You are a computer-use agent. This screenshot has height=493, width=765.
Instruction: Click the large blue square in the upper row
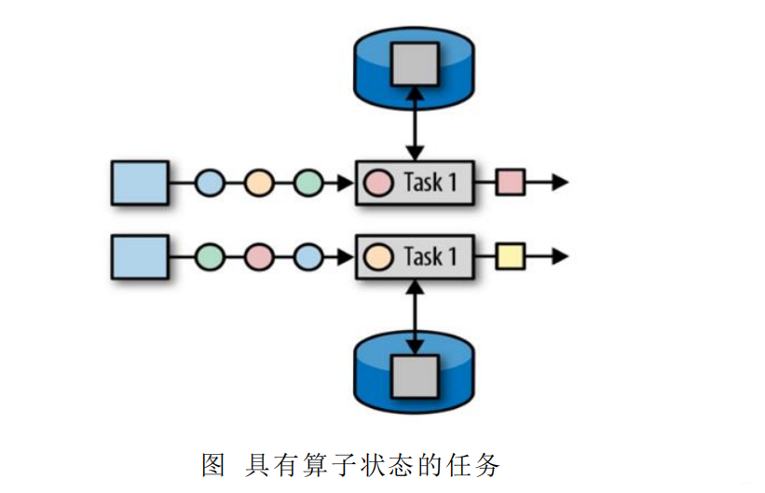(x=140, y=183)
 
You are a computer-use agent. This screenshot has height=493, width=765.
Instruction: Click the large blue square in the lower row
(x=140, y=256)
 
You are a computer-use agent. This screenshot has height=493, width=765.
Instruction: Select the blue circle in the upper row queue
(x=211, y=183)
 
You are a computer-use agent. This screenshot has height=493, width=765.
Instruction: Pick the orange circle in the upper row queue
(x=259, y=183)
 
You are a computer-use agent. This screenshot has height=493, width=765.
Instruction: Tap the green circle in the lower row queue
(x=211, y=255)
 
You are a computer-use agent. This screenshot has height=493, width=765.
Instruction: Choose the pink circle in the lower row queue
(x=259, y=255)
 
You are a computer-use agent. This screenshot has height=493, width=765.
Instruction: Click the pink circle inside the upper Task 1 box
(x=379, y=183)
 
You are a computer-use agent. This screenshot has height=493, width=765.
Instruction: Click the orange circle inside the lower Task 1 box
(x=379, y=255)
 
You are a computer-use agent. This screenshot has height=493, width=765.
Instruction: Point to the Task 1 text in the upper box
(x=430, y=183)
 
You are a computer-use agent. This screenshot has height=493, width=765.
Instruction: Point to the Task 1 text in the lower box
(x=430, y=255)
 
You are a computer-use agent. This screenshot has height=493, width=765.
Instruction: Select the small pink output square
(x=510, y=183)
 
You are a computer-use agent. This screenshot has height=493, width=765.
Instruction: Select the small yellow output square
(x=510, y=255)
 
